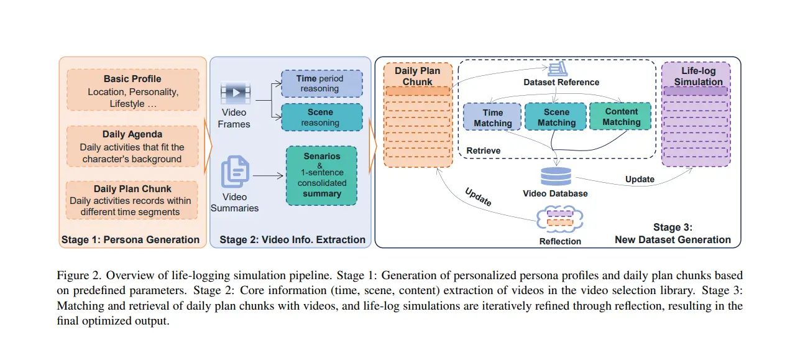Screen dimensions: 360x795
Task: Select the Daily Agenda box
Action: click(132, 146)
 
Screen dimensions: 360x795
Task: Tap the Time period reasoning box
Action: click(321, 84)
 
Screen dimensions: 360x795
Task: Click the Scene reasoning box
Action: click(321, 117)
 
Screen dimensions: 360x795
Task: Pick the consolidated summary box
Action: click(321, 175)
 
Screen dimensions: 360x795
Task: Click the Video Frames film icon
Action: click(235, 93)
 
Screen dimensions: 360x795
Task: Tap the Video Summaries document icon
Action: click(235, 172)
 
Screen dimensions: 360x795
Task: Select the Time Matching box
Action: click(492, 118)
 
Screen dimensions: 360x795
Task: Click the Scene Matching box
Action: click(556, 118)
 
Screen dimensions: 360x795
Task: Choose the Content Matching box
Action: click(621, 117)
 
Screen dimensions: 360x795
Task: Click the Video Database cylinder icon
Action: click(555, 176)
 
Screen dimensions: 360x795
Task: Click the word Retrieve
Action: click(483, 150)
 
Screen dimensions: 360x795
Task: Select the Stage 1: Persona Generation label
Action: click(131, 239)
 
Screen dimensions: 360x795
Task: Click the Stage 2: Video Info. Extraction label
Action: click(292, 239)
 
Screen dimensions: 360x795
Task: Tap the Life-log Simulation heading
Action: click(698, 76)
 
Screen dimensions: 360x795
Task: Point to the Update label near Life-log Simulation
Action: click(640, 179)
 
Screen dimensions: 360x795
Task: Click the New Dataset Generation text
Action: click(673, 239)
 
